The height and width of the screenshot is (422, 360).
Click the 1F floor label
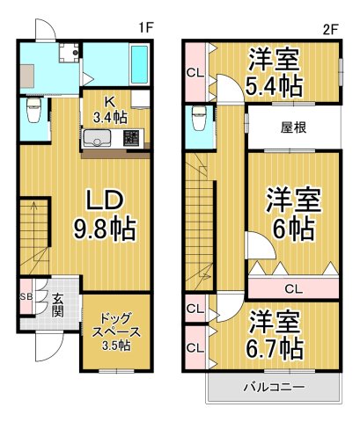[146, 27]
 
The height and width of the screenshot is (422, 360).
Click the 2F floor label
[330, 27]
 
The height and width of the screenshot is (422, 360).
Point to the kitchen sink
[96, 137]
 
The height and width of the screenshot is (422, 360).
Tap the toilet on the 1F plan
[33, 113]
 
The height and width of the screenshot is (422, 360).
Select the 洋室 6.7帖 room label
[276, 333]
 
